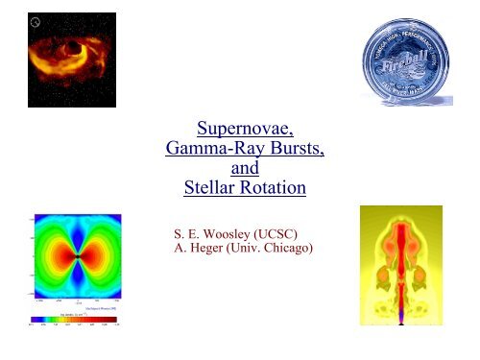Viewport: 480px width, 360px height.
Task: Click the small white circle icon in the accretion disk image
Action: coord(36,21)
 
